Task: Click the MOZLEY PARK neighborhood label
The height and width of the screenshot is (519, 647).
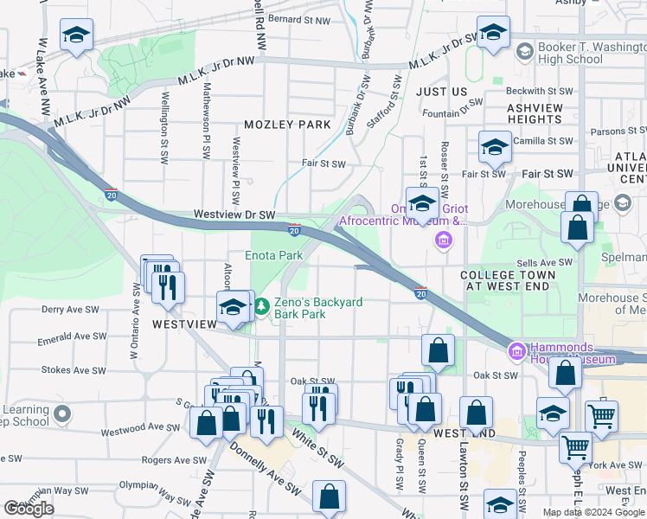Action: [287, 125]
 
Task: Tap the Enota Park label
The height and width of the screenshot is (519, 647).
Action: [273, 255]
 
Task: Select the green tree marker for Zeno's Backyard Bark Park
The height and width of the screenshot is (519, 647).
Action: [263, 307]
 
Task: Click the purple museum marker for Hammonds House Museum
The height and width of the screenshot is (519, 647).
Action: [516, 350]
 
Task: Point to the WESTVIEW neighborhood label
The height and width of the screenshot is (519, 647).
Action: [184, 324]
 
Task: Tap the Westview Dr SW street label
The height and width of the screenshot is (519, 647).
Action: [234, 214]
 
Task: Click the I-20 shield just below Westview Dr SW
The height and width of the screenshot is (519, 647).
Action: [294, 229]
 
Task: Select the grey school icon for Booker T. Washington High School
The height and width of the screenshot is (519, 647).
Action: [524, 53]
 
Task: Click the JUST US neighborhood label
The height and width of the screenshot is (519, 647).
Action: [441, 91]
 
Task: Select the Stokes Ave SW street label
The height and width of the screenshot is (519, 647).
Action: [74, 370]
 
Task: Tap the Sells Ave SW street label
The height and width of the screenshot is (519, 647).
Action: [544, 262]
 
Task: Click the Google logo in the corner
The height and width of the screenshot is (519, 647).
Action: [29, 509]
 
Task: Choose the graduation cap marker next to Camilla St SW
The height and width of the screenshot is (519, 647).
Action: [495, 145]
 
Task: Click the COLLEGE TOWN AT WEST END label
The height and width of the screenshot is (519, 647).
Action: [505, 279]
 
